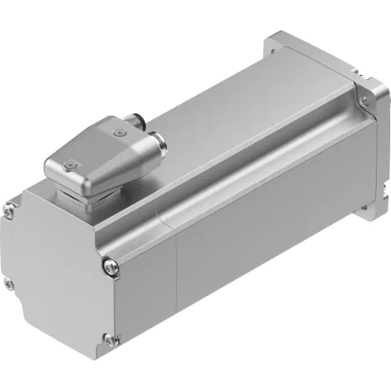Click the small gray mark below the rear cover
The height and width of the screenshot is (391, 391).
tap(96, 361)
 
